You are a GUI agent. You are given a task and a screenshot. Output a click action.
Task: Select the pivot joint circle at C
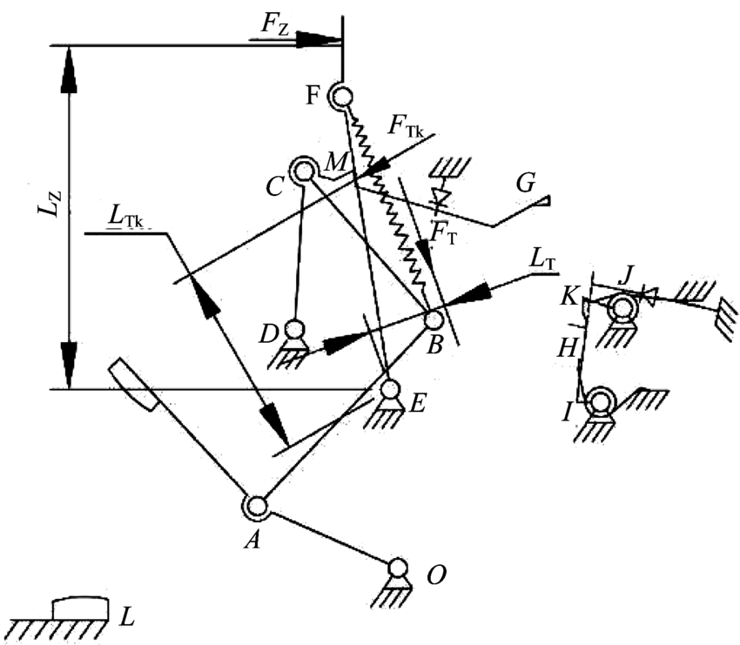tap(304, 170)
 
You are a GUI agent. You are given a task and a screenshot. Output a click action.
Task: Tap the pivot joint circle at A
tap(257, 507)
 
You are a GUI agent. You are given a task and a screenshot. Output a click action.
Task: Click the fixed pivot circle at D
tap(294, 327)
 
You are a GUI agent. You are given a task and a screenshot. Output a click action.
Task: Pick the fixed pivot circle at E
tap(389, 389)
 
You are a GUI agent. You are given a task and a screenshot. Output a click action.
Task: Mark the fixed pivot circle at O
tap(397, 566)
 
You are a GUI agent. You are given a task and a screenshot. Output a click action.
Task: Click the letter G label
tap(525, 184)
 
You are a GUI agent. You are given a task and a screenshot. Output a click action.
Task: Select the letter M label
tap(337, 162)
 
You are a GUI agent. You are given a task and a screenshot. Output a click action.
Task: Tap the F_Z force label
tap(273, 24)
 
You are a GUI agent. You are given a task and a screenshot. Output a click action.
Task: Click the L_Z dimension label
tap(50, 204)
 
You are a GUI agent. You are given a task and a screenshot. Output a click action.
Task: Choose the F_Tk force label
tap(406, 126)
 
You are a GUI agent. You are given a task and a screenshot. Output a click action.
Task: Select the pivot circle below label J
tap(622, 310)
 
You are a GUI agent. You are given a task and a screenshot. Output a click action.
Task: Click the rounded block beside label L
tap(80, 608)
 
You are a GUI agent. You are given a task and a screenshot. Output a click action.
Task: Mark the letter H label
tap(568, 349)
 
